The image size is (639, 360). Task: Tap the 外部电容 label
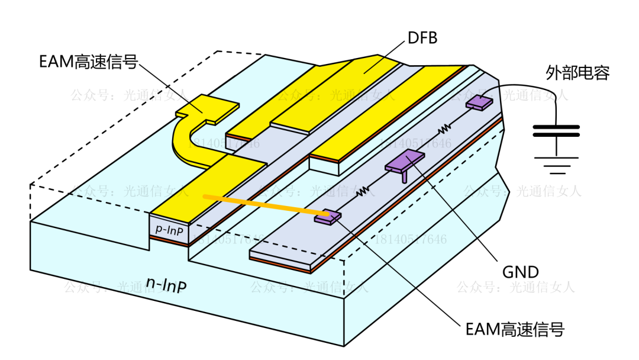click(x=577, y=73)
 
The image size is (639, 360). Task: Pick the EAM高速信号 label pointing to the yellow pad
click(x=88, y=63)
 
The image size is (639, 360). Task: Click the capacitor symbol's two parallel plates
click(x=556, y=130)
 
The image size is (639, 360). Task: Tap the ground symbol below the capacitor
click(x=556, y=165)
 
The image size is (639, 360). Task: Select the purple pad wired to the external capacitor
click(x=479, y=102)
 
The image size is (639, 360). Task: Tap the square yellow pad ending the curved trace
click(x=208, y=109)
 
